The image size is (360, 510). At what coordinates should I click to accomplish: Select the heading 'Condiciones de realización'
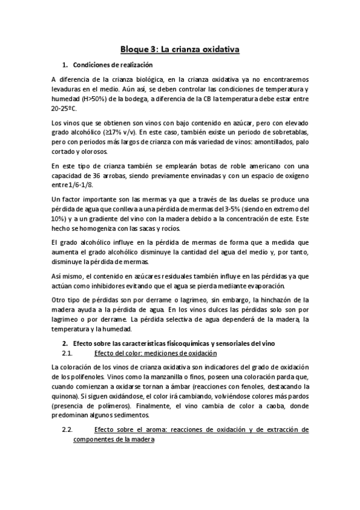click(x=112, y=65)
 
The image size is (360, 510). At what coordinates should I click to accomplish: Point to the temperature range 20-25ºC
click(x=64, y=109)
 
